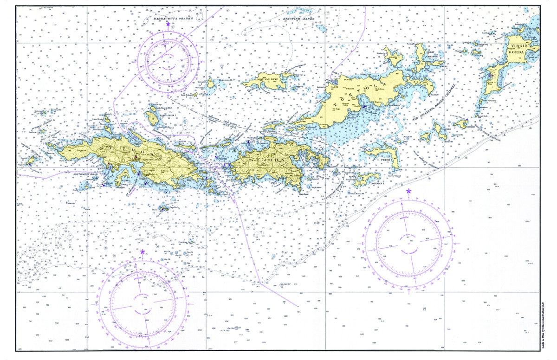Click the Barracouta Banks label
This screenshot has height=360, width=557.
point(170,19)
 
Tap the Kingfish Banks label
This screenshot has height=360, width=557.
point(298,19)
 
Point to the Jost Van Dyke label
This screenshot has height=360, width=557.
point(266,80)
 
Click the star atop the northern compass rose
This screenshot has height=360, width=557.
point(168,23)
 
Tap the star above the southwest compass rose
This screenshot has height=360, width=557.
point(142,251)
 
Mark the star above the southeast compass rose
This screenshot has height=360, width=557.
point(408,191)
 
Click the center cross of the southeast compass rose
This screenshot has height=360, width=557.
point(409,244)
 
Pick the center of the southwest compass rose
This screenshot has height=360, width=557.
point(142,305)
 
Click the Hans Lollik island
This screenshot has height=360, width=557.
point(152,116)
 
